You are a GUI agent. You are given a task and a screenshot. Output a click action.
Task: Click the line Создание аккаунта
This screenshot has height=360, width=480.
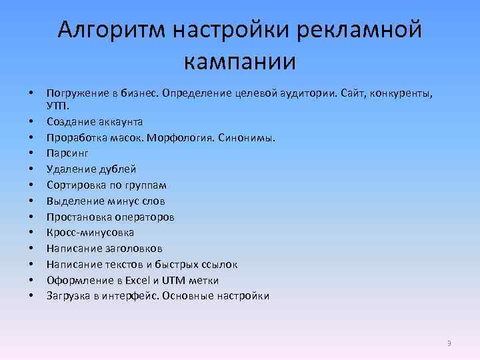94,121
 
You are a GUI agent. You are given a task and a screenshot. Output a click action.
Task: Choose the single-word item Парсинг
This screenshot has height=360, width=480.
67,153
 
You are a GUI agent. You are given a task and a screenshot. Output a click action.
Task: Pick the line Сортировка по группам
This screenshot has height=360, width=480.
106,185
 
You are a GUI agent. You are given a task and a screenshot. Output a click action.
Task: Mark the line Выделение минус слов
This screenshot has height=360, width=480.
105,201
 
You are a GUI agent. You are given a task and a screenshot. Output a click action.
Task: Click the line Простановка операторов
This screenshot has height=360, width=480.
110,217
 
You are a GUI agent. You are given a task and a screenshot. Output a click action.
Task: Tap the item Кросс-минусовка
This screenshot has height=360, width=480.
90,233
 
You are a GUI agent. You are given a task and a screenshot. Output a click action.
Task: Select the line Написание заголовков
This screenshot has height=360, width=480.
105,249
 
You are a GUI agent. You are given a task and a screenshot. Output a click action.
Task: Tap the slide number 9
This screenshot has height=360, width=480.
449,343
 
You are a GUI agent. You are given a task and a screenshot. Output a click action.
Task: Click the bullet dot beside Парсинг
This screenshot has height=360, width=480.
31,153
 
